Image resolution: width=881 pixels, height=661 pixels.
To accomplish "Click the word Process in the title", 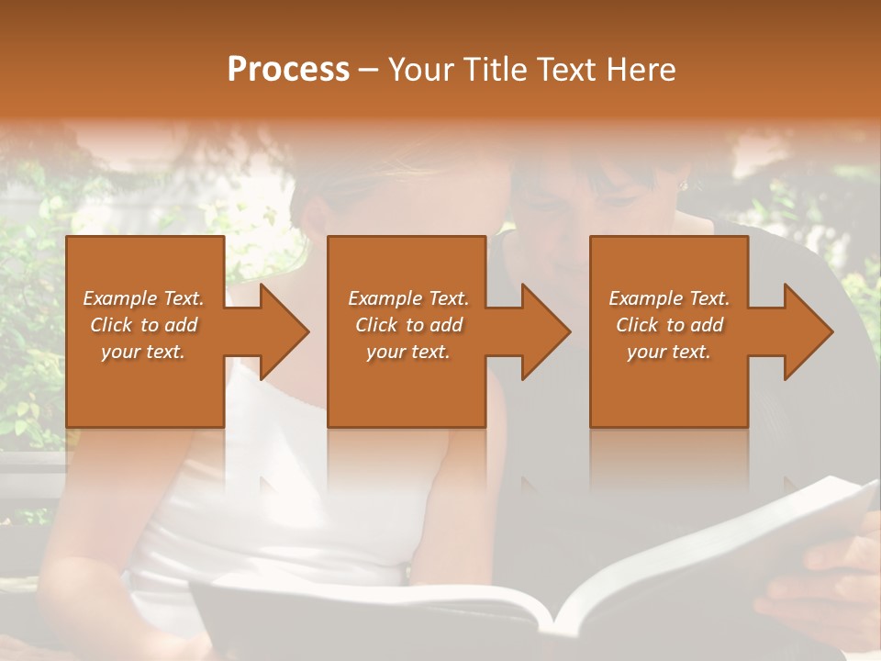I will pyautogui.click(x=288, y=70).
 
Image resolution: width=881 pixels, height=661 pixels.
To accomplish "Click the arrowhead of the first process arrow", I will pyautogui.click(x=285, y=331).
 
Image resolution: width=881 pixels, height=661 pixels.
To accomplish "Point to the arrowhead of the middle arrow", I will pyautogui.click(x=547, y=331).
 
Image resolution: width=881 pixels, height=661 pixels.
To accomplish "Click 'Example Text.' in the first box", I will pyautogui.click(x=143, y=298).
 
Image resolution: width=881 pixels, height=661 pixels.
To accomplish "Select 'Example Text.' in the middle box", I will pyautogui.click(x=408, y=298).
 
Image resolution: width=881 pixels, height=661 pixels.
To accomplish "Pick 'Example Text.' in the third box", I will pyautogui.click(x=669, y=298).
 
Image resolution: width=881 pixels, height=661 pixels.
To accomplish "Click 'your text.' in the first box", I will pyautogui.click(x=143, y=352).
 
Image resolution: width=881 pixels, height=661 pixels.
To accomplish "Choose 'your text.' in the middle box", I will pyautogui.click(x=408, y=352).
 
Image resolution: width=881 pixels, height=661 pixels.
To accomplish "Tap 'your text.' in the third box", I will pyautogui.click(x=669, y=352).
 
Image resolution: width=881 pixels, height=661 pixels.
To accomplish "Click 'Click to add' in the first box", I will pyautogui.click(x=143, y=325).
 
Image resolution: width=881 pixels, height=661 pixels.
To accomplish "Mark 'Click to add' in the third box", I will pyautogui.click(x=669, y=325).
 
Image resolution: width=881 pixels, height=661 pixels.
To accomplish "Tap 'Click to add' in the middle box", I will pyautogui.click(x=408, y=325).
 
